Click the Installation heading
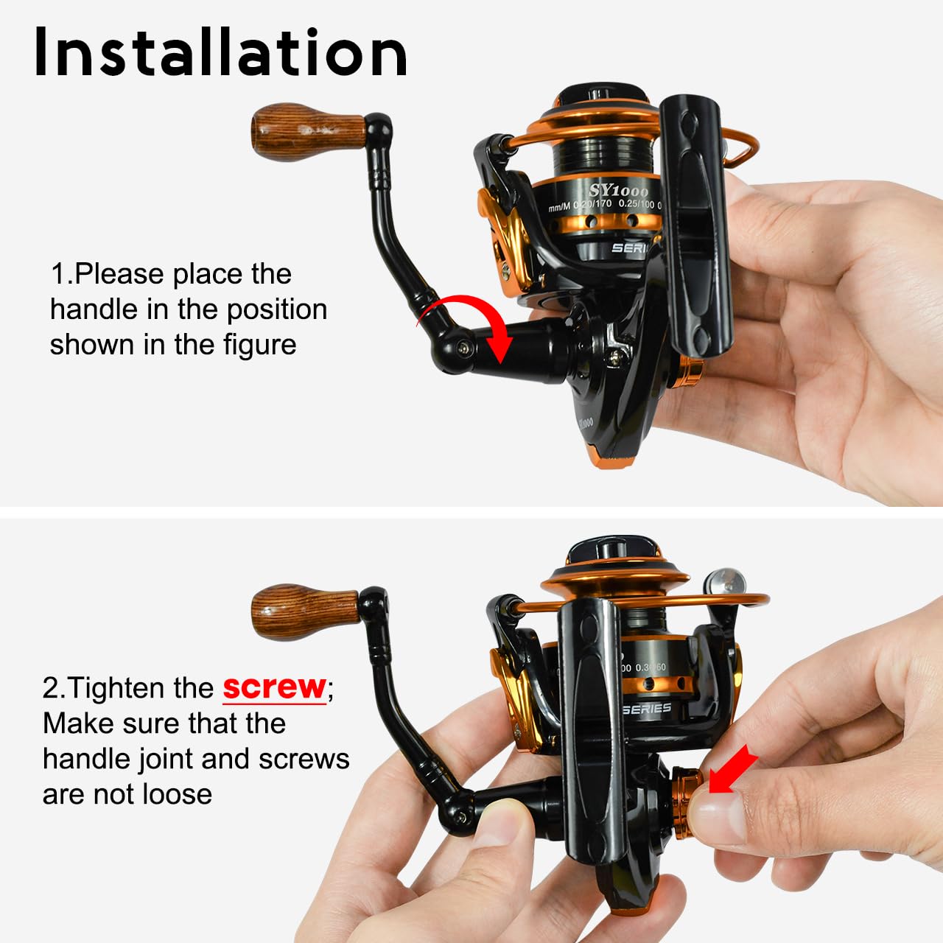pos(220,53)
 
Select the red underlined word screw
pos(274,687)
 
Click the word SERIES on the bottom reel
pos(646,709)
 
